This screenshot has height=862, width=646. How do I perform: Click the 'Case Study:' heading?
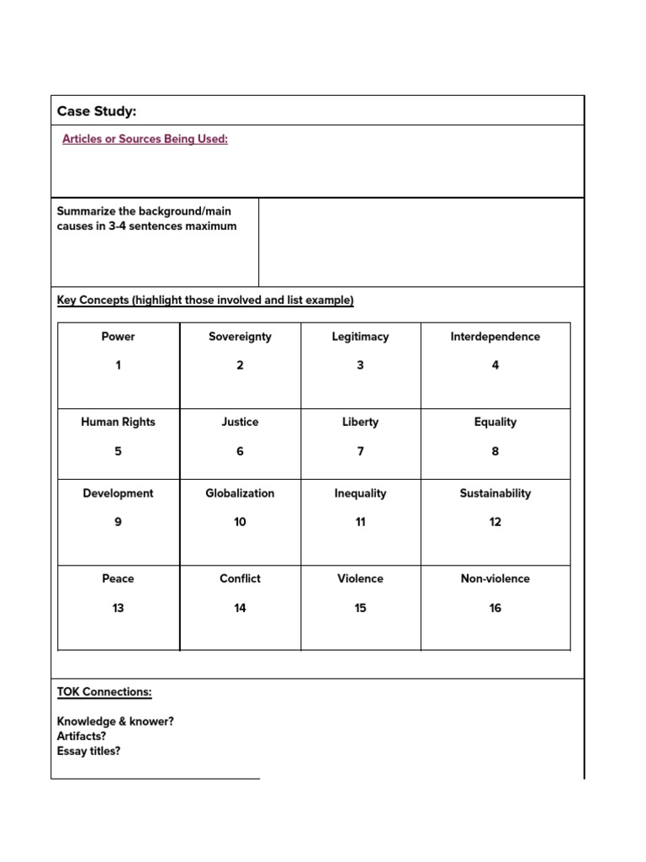click(97, 111)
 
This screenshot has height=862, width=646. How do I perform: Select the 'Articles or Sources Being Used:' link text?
click(145, 139)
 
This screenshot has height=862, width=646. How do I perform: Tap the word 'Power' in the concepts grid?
click(118, 337)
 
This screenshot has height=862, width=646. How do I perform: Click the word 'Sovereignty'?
click(240, 337)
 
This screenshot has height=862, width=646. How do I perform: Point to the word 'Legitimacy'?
click(360, 337)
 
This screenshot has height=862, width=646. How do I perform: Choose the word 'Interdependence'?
click(495, 337)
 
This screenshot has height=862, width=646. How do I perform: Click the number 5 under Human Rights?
click(118, 451)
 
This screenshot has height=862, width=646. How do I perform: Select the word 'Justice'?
click(240, 422)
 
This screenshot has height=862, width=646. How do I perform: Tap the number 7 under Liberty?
click(360, 451)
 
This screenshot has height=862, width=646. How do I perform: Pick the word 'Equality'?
click(495, 422)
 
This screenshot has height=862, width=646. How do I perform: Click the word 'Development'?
click(118, 493)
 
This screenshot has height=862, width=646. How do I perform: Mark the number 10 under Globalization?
click(240, 522)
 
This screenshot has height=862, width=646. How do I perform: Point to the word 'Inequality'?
click(360, 493)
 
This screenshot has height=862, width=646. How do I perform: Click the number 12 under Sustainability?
click(495, 522)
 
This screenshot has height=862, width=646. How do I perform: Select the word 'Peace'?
click(118, 578)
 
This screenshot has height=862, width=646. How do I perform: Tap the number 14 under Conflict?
click(240, 608)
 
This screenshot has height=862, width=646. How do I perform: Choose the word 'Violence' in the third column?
click(360, 578)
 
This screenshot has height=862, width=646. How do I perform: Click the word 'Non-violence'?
click(495, 578)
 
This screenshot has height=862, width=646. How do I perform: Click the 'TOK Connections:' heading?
click(104, 692)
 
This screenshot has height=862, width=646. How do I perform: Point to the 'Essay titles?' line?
click(88, 751)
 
